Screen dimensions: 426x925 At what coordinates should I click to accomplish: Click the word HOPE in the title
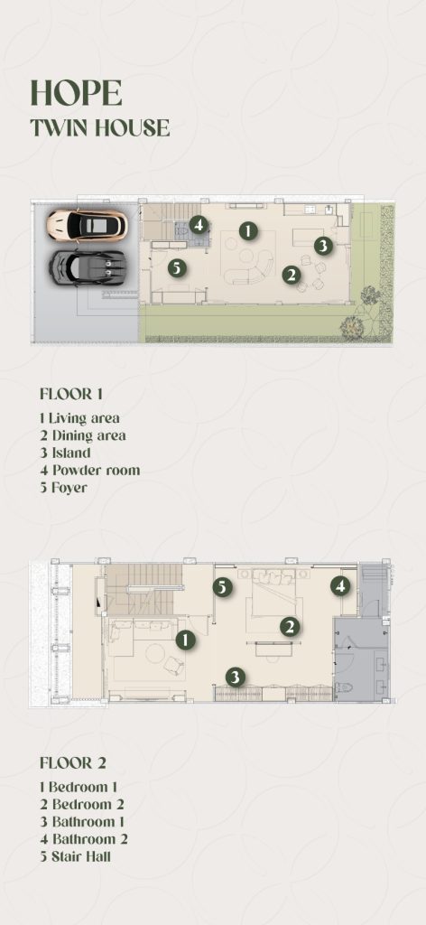(77, 93)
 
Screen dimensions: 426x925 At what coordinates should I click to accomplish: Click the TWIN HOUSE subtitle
(100, 128)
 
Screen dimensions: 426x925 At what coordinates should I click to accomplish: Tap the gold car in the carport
(88, 225)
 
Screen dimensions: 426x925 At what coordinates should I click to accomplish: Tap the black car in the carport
(88, 266)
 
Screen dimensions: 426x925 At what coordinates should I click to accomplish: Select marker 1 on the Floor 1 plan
(248, 230)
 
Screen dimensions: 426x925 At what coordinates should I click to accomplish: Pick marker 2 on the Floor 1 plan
(292, 275)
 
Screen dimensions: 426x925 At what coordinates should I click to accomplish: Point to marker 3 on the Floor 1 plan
(323, 246)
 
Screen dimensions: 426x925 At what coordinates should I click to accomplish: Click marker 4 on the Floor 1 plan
(199, 225)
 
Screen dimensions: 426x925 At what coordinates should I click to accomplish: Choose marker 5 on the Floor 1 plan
(177, 267)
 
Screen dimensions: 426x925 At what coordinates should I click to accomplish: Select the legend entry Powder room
(90, 470)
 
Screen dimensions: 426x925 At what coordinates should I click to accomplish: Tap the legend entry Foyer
(63, 488)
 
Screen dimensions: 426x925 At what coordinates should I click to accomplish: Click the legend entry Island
(65, 453)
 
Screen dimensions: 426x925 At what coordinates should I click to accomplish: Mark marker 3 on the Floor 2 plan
(236, 677)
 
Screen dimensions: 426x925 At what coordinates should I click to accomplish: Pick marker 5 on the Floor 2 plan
(222, 587)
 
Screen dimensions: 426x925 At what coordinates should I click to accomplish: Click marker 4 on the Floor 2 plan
(340, 585)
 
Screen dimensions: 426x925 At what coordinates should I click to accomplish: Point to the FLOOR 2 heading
(73, 762)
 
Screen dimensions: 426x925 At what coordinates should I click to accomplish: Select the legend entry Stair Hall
(75, 856)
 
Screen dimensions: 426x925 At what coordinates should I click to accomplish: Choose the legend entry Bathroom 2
(84, 838)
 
